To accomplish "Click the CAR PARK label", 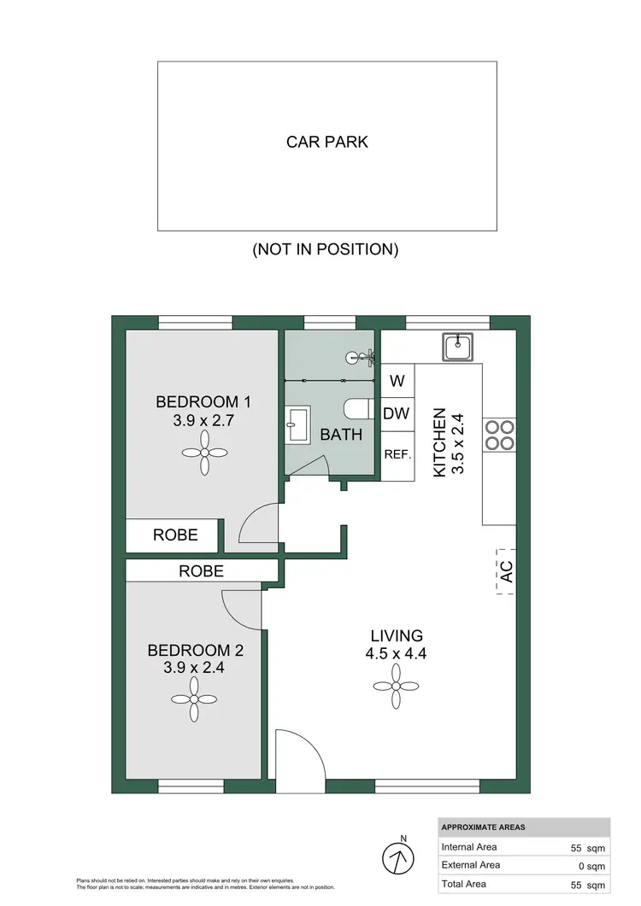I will coord(326,142).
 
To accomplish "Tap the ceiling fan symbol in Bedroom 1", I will coord(205,453).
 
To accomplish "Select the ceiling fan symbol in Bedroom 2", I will coord(194,699).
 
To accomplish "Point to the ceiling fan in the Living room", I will coord(397,686).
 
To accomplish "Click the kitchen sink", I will coord(459,347).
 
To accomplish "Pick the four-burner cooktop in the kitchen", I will coord(499,434).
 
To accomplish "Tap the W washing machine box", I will coord(397,381).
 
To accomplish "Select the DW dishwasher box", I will coord(397,414).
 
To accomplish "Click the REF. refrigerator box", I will coord(397,455).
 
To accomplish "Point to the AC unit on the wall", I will coord(506,573).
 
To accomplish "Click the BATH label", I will coord(341,435).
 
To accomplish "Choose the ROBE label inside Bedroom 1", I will coord(175,535).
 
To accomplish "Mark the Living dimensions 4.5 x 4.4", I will coord(397,655).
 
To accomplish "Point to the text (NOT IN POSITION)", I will coord(325,250).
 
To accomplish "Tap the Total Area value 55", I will coord(580,884).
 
